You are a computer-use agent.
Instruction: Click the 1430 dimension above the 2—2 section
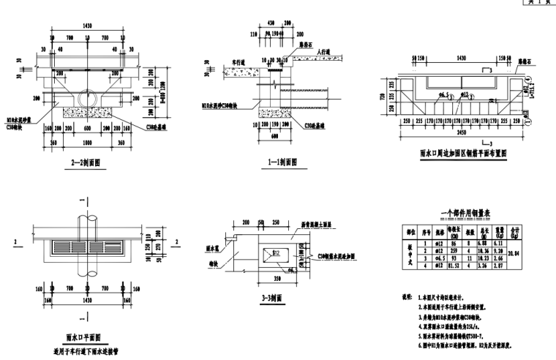[91, 24]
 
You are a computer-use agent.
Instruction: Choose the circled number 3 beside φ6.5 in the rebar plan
[453, 96]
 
